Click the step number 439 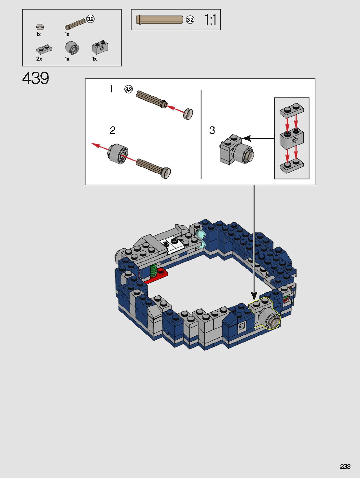coord(36,78)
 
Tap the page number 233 coord(345,466)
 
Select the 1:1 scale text coord(210,20)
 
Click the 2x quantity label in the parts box coord(39,59)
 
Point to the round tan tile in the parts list coord(40,27)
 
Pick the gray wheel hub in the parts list coord(72,48)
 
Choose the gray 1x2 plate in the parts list coord(44,49)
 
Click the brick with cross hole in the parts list coord(100,47)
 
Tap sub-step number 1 coord(111,89)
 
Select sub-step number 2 coord(113,130)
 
